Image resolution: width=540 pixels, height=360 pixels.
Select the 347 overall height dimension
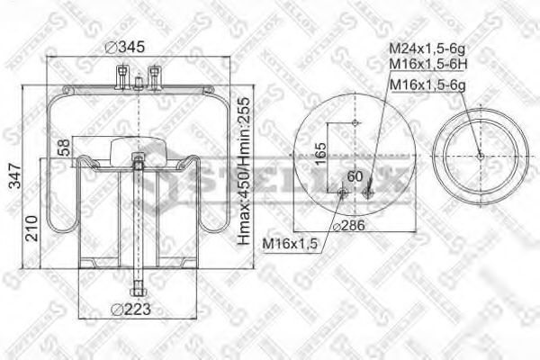pyautogui.click(x=13, y=180)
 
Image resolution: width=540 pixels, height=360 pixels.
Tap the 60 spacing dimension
pyautogui.click(x=354, y=175)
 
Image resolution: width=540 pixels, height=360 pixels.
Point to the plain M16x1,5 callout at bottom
pyautogui.click(x=291, y=244)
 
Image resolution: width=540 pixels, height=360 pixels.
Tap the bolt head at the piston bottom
pyautogui.click(x=137, y=289)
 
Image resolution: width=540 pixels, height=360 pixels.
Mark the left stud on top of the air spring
pyautogui.click(x=121, y=74)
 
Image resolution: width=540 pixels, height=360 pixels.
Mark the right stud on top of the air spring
pyautogui.click(x=155, y=74)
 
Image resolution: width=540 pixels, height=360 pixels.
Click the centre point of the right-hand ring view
pyautogui.click(x=480, y=156)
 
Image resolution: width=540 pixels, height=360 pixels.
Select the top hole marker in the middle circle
pyautogui.click(x=355, y=122)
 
